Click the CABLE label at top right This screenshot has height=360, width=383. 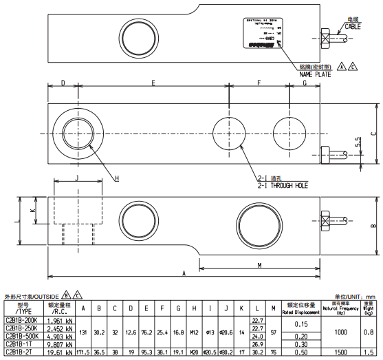pyautogui.click(x=352, y=25)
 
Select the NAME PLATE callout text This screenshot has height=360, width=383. pyautogui.click(x=314, y=74)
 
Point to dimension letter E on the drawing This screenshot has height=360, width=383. pyautogui.click(x=153, y=83)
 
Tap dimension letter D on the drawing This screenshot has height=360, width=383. pyautogui.click(x=63, y=83)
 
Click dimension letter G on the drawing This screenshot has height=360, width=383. pyautogui.click(x=305, y=83)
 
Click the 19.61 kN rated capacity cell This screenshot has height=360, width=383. pyautogui.click(x=61, y=351)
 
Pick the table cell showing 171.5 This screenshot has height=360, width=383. pyautogui.click(x=83, y=351)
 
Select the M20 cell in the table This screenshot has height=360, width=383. pyautogui.click(x=195, y=351)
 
